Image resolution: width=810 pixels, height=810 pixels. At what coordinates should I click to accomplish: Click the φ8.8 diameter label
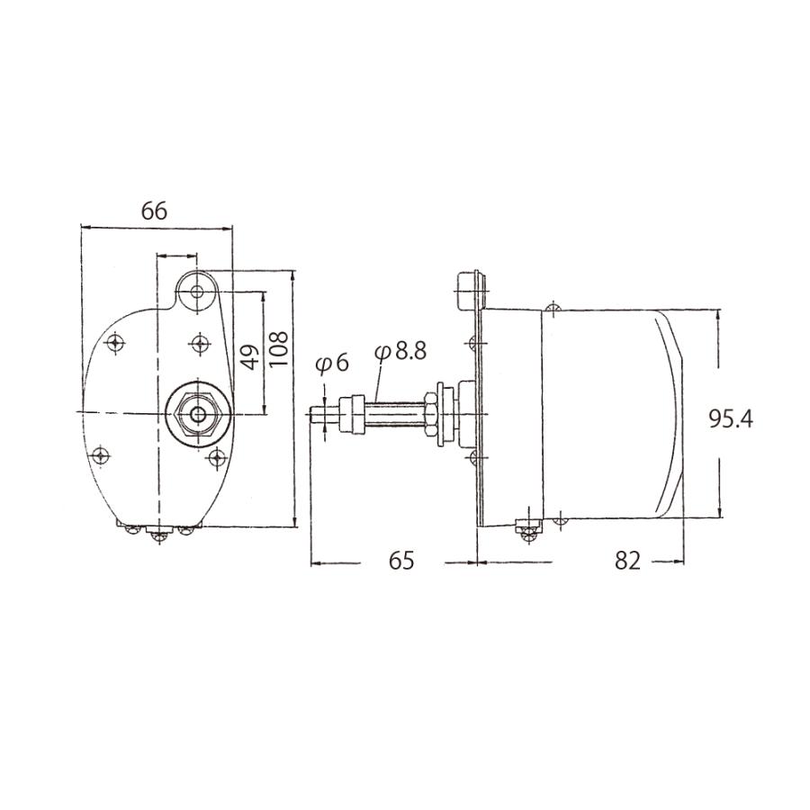click(400, 351)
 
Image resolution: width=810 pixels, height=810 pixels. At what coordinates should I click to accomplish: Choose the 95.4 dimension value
click(730, 418)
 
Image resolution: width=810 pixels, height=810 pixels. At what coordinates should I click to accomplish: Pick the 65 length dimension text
click(401, 561)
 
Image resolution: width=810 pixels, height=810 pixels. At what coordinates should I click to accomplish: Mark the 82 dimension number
click(627, 561)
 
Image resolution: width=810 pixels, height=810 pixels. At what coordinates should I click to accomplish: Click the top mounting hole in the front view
click(198, 292)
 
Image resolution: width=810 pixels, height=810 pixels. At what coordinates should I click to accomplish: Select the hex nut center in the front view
click(197, 414)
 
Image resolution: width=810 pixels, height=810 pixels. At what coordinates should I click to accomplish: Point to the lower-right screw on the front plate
click(215, 459)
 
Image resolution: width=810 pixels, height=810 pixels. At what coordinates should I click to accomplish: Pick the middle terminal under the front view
click(160, 535)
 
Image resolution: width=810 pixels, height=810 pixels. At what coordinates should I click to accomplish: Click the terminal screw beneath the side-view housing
click(527, 530)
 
